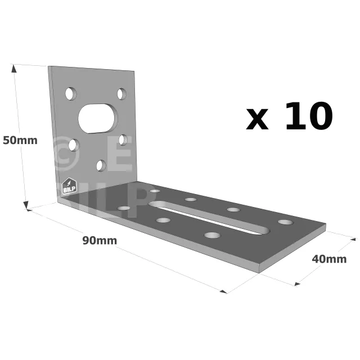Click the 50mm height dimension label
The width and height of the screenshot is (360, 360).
tap(20, 140)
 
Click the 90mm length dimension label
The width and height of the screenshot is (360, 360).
tap(100, 241)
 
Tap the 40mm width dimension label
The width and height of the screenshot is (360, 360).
tap(329, 259)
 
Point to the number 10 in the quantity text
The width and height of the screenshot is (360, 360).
tap(309, 116)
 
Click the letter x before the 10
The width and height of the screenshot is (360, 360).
tap(257, 119)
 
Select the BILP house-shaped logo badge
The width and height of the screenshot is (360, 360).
tap(69, 186)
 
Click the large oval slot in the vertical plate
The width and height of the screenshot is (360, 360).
tap(98, 119)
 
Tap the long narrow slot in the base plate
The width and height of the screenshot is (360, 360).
tap(209, 218)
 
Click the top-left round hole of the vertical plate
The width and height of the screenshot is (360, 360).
tap(71, 94)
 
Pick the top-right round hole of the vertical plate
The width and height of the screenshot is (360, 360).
tap(121, 94)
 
